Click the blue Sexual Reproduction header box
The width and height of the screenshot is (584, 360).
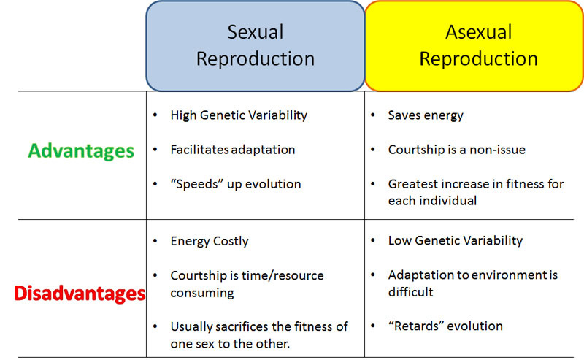255,45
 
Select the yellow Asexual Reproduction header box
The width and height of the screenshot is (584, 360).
474,45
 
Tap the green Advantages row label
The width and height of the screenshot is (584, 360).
81,150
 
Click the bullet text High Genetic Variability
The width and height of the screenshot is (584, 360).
239,115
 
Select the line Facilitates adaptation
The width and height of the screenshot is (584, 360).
233,150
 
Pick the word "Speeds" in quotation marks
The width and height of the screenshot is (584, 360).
195,184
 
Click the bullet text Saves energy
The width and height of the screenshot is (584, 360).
426,115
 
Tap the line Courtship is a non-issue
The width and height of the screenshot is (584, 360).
456,150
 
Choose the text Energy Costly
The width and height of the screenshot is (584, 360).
210,240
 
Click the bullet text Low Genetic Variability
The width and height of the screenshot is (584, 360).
456,240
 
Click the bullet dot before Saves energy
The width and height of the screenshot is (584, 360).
373,115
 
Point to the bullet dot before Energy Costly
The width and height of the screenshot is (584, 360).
155,240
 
